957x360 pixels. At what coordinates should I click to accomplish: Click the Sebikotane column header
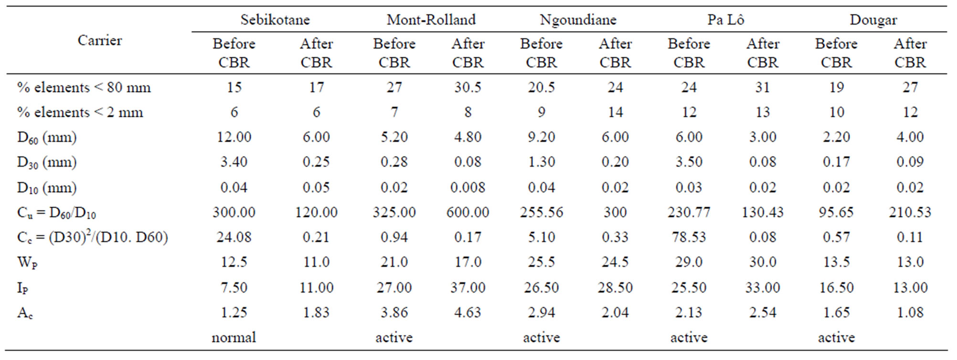point(275,20)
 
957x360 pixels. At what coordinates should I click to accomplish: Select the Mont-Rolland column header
point(431,20)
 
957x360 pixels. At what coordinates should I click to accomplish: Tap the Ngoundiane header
point(578,20)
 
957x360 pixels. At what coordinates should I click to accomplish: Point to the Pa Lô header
point(725,20)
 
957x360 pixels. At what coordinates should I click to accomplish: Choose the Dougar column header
point(873,20)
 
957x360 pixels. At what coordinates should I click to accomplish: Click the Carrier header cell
point(99,41)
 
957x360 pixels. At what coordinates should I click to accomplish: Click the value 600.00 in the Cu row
point(468,212)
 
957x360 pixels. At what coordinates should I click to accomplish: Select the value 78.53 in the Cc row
point(689,237)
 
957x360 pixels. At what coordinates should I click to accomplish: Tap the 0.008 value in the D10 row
point(468,187)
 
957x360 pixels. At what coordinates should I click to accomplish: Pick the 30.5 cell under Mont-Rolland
point(468,87)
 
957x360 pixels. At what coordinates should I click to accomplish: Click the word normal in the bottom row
point(234,338)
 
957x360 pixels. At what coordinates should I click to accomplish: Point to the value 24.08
point(234,237)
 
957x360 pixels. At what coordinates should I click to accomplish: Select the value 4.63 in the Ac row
point(468,312)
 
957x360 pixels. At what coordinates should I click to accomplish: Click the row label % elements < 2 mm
point(80,113)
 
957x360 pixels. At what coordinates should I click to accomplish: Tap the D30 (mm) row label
point(47,162)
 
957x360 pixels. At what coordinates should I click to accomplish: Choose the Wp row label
point(27,263)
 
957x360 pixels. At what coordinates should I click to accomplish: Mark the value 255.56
point(542,212)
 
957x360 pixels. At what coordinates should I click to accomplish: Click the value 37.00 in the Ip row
point(468,287)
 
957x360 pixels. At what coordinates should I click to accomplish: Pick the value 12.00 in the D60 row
point(234,137)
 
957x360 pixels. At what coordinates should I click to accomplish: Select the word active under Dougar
point(836,338)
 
